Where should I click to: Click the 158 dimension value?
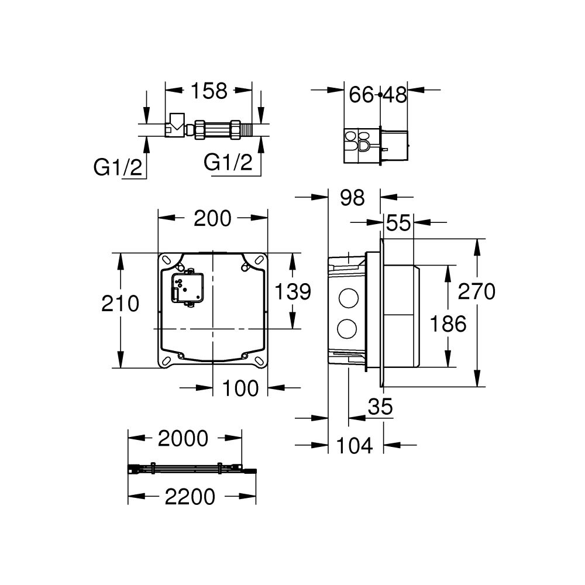click(x=208, y=91)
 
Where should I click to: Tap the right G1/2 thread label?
click(x=228, y=162)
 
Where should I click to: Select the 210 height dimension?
click(x=120, y=304)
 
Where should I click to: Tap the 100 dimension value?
click(x=240, y=387)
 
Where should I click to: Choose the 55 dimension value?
click(x=398, y=223)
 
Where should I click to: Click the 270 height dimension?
click(x=476, y=291)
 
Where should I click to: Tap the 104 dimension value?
click(x=355, y=446)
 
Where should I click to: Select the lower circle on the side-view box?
click(x=350, y=329)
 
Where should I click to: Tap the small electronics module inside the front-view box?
click(x=186, y=287)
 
